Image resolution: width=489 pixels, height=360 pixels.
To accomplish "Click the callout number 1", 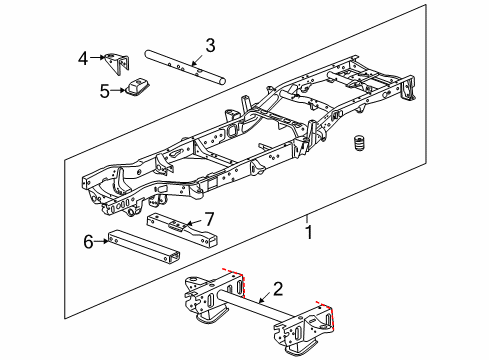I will (x=309, y=234).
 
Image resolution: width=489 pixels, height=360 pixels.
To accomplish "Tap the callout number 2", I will (x=277, y=289).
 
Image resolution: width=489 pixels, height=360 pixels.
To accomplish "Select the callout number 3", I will (x=210, y=45).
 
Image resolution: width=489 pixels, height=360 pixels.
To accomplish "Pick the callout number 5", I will (x=105, y=90).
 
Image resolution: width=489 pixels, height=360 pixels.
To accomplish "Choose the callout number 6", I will (x=89, y=240).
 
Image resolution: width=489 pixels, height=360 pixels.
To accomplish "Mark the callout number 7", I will (x=209, y=217).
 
